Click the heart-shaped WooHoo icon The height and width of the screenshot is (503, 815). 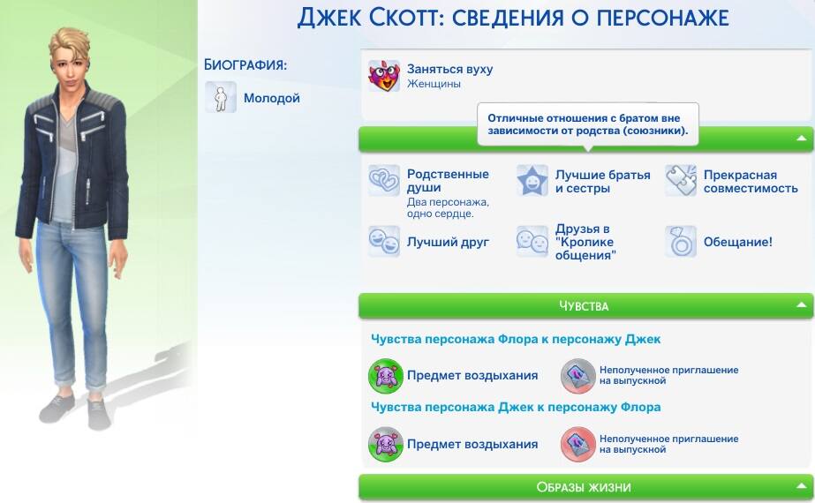[384, 76]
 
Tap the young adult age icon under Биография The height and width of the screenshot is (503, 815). [221, 97]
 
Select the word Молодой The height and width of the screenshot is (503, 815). [272, 98]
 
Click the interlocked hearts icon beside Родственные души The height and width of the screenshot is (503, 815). [384, 180]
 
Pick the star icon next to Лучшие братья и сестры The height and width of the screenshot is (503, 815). [532, 180]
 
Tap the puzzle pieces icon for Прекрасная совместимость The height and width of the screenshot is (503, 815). [681, 180]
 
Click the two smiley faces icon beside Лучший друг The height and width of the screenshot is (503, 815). [384, 242]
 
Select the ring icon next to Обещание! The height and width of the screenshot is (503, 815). [681, 242]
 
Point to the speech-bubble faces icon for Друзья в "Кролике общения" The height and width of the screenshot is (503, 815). [532, 242]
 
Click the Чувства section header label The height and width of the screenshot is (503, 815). [584, 306]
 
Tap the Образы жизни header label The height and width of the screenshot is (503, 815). [584, 487]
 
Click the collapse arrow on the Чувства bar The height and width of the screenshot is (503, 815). [802, 305]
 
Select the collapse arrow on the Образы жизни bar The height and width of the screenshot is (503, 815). [802, 486]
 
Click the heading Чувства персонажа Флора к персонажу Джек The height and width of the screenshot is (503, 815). [516, 340]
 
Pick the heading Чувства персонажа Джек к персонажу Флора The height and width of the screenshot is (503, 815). [516, 407]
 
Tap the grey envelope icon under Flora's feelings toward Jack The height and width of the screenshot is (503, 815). [578, 376]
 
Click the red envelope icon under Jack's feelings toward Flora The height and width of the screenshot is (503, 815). [578, 444]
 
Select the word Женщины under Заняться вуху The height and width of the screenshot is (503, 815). [434, 84]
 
